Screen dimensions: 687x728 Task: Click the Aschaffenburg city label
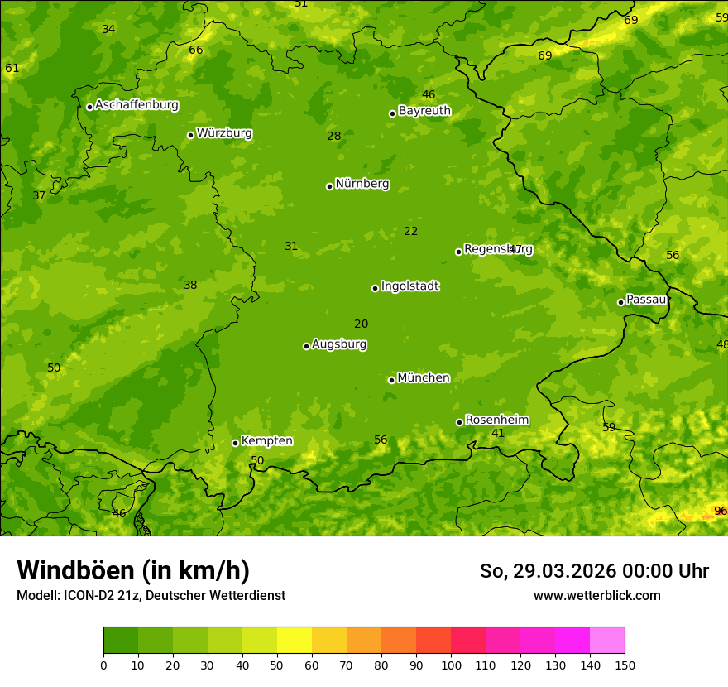pos(136,105)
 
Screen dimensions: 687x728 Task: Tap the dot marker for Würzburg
pos(190,135)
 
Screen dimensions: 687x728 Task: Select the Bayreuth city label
pos(424,110)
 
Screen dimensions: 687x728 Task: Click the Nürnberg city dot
pos(329,186)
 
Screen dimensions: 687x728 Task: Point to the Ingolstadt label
pos(409,286)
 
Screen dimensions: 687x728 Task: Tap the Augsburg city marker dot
pos(306,346)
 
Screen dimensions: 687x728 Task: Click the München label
pos(424,378)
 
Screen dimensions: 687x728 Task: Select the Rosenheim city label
pos(496,420)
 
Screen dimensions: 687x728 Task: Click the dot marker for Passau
pos(620,302)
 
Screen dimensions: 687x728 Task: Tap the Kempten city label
pos(266,441)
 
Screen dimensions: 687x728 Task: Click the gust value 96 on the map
pos(721,511)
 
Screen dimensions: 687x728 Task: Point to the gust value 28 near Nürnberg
pos(334,136)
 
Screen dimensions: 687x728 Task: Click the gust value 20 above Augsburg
pos(362,324)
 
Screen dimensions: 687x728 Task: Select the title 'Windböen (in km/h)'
pos(133,570)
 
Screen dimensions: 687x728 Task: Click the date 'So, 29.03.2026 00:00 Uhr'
pos(594,571)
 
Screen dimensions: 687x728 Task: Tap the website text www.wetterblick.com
pos(596,596)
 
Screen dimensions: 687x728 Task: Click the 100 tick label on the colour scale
pos(451,665)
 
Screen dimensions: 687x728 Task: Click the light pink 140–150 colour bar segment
pos(607,641)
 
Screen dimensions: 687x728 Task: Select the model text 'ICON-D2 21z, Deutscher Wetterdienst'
pos(175,596)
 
